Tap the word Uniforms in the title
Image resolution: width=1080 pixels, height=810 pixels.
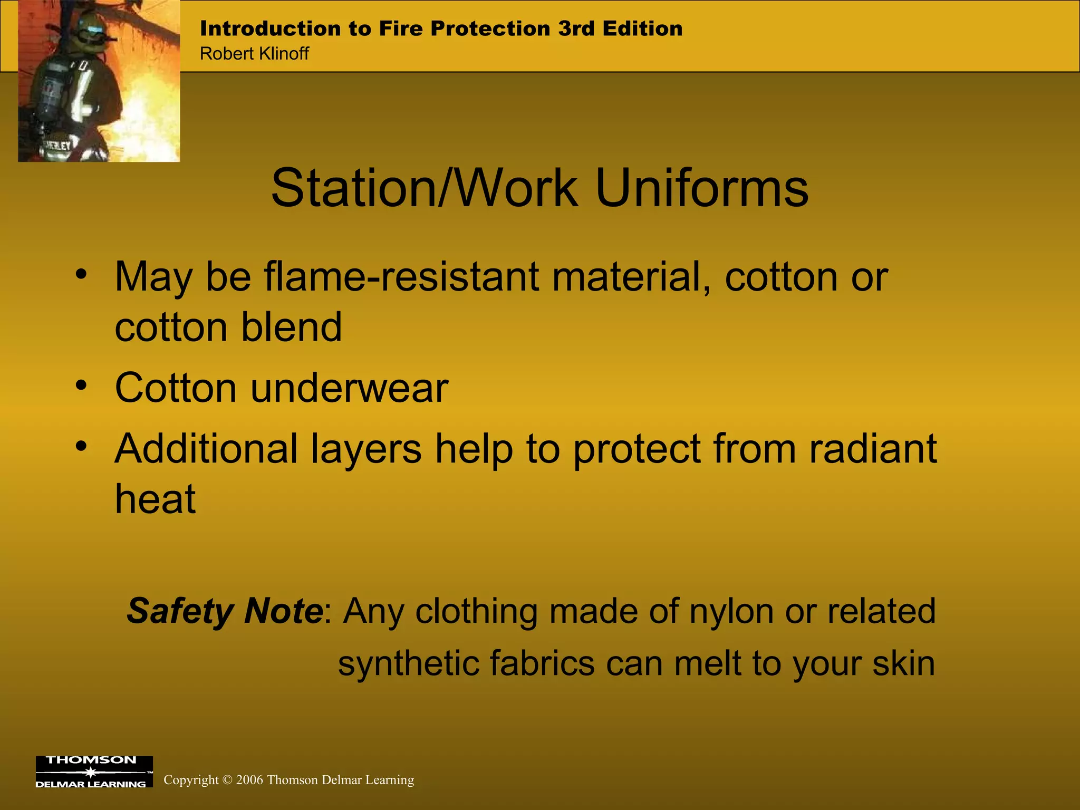pyautogui.click(x=702, y=188)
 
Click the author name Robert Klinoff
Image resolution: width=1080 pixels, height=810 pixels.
pyautogui.click(x=254, y=54)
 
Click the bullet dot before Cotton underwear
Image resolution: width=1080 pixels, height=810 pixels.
pyautogui.click(x=81, y=385)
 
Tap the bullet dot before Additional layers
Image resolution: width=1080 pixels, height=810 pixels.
pyautogui.click(x=81, y=446)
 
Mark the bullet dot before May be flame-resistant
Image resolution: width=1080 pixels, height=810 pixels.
pyautogui.click(x=81, y=274)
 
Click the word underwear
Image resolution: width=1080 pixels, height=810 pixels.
pyautogui.click(x=349, y=388)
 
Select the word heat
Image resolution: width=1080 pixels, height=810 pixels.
pyautogui.click(x=156, y=498)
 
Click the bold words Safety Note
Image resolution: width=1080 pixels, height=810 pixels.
pyautogui.click(x=225, y=611)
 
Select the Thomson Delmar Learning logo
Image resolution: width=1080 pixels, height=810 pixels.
pyautogui.click(x=94, y=772)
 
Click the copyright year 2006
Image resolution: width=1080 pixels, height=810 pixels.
pyautogui.click(x=249, y=780)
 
